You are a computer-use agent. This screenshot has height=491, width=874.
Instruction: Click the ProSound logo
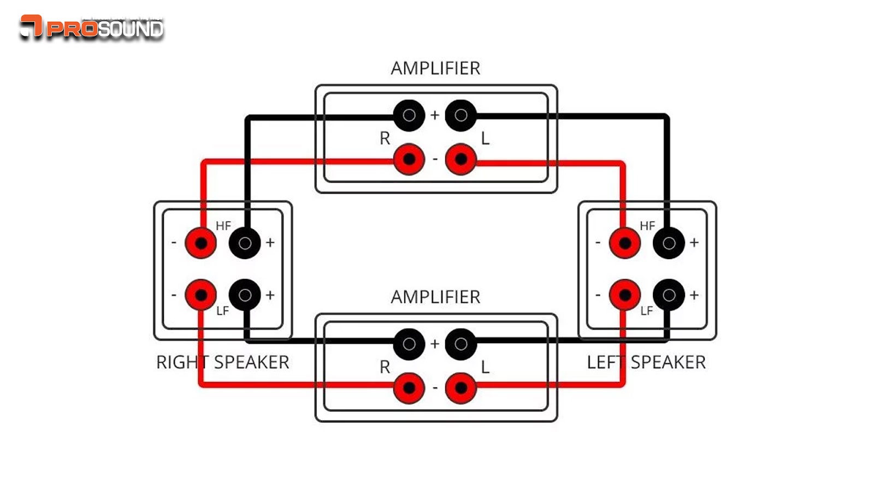point(92,27)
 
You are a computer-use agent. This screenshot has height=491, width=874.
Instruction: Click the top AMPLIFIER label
point(435,68)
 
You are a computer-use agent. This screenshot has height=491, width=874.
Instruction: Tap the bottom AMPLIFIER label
point(435,297)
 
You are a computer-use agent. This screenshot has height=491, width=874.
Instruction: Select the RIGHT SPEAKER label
point(222,362)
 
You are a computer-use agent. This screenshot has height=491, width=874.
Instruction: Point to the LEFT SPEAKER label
point(646,362)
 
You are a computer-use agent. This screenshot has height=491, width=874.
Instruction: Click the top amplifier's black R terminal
point(409,115)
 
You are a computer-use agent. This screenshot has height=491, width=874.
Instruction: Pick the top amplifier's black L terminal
point(461,115)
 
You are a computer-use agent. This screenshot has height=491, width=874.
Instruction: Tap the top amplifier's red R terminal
point(409,159)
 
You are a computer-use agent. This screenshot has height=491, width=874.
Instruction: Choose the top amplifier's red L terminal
point(461,159)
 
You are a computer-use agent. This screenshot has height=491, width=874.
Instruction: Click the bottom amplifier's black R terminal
point(409,344)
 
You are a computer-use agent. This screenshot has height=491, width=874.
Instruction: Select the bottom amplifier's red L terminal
point(461,388)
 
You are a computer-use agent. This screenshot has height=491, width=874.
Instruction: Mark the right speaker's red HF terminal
point(201,243)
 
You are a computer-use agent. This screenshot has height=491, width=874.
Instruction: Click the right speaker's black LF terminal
point(245,295)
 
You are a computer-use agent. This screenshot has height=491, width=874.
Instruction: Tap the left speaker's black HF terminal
point(669,243)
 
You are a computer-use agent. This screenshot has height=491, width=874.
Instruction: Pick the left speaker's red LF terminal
point(625,295)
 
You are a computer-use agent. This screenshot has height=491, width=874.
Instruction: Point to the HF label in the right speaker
point(223,226)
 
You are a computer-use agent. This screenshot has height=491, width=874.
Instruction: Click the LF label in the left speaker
point(647,311)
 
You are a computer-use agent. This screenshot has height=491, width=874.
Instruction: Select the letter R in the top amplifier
point(385,139)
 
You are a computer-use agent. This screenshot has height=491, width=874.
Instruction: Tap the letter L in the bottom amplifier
point(485,367)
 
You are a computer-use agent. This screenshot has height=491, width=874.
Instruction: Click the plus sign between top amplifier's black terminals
point(435,115)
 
